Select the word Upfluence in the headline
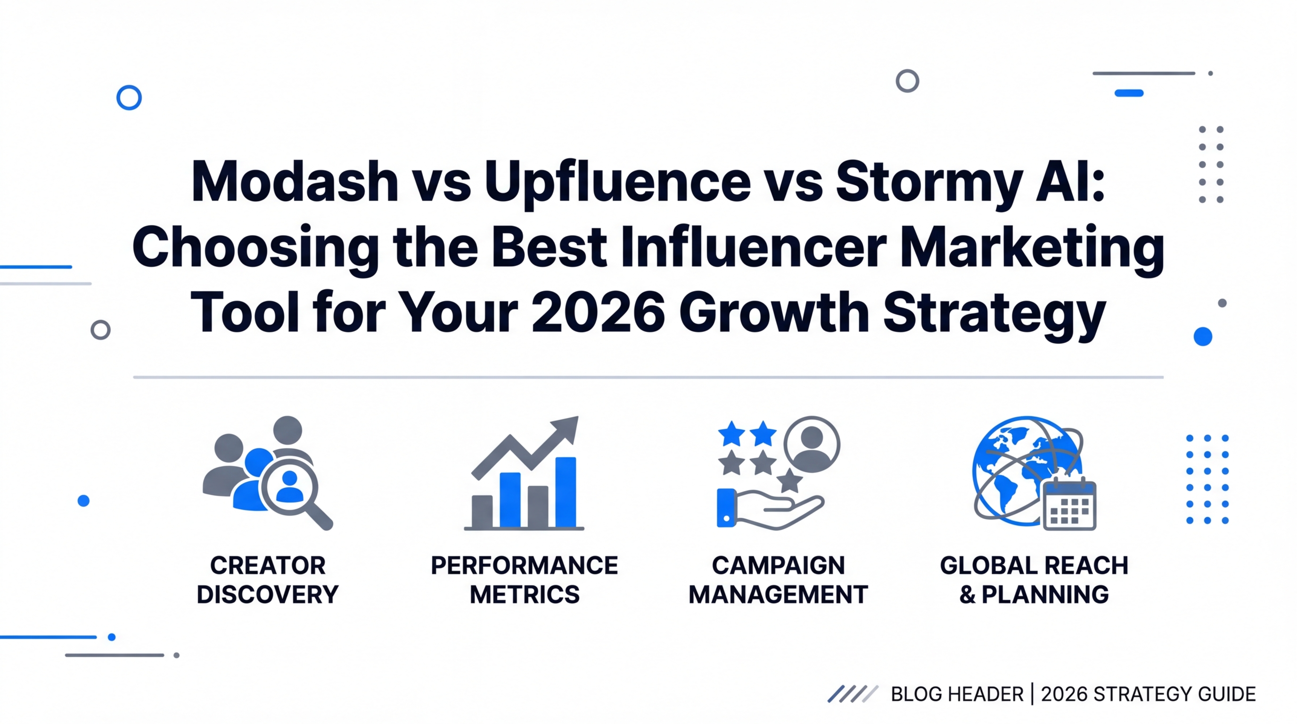tap(618, 184)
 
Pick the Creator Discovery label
tap(268, 580)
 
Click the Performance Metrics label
tap(524, 580)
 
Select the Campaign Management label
tap(779, 580)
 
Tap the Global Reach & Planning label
tap(1034, 580)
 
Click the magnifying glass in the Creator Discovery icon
tap(295, 491)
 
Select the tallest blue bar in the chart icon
tap(566, 492)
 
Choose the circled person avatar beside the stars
tap(812, 444)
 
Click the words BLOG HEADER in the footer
tap(957, 694)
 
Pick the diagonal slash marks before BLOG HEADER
tap(853, 694)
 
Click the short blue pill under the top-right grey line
tap(1129, 93)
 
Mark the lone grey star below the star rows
tap(789, 480)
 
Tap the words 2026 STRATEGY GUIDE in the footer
tap(1149, 694)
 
